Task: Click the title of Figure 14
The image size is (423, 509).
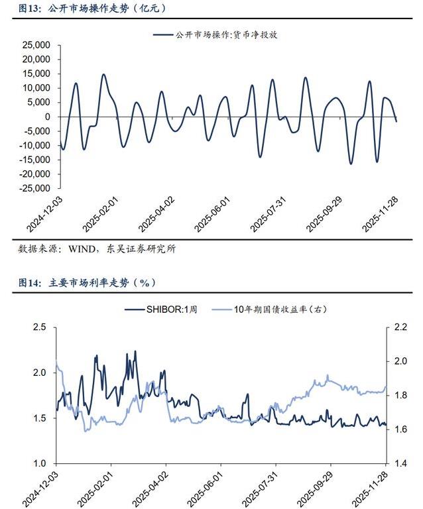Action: pos(86,282)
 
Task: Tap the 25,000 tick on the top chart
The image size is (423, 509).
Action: pos(36,45)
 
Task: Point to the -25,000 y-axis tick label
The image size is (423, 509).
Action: pos(34,189)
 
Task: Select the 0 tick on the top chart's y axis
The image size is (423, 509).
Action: pos(48,117)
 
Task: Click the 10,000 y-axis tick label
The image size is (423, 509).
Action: pos(36,88)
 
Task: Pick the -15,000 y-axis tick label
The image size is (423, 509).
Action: pos(34,160)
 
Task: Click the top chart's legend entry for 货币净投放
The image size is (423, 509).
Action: pos(225,35)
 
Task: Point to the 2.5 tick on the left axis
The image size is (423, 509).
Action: pos(40,327)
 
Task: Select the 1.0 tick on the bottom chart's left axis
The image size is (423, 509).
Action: pos(40,464)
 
